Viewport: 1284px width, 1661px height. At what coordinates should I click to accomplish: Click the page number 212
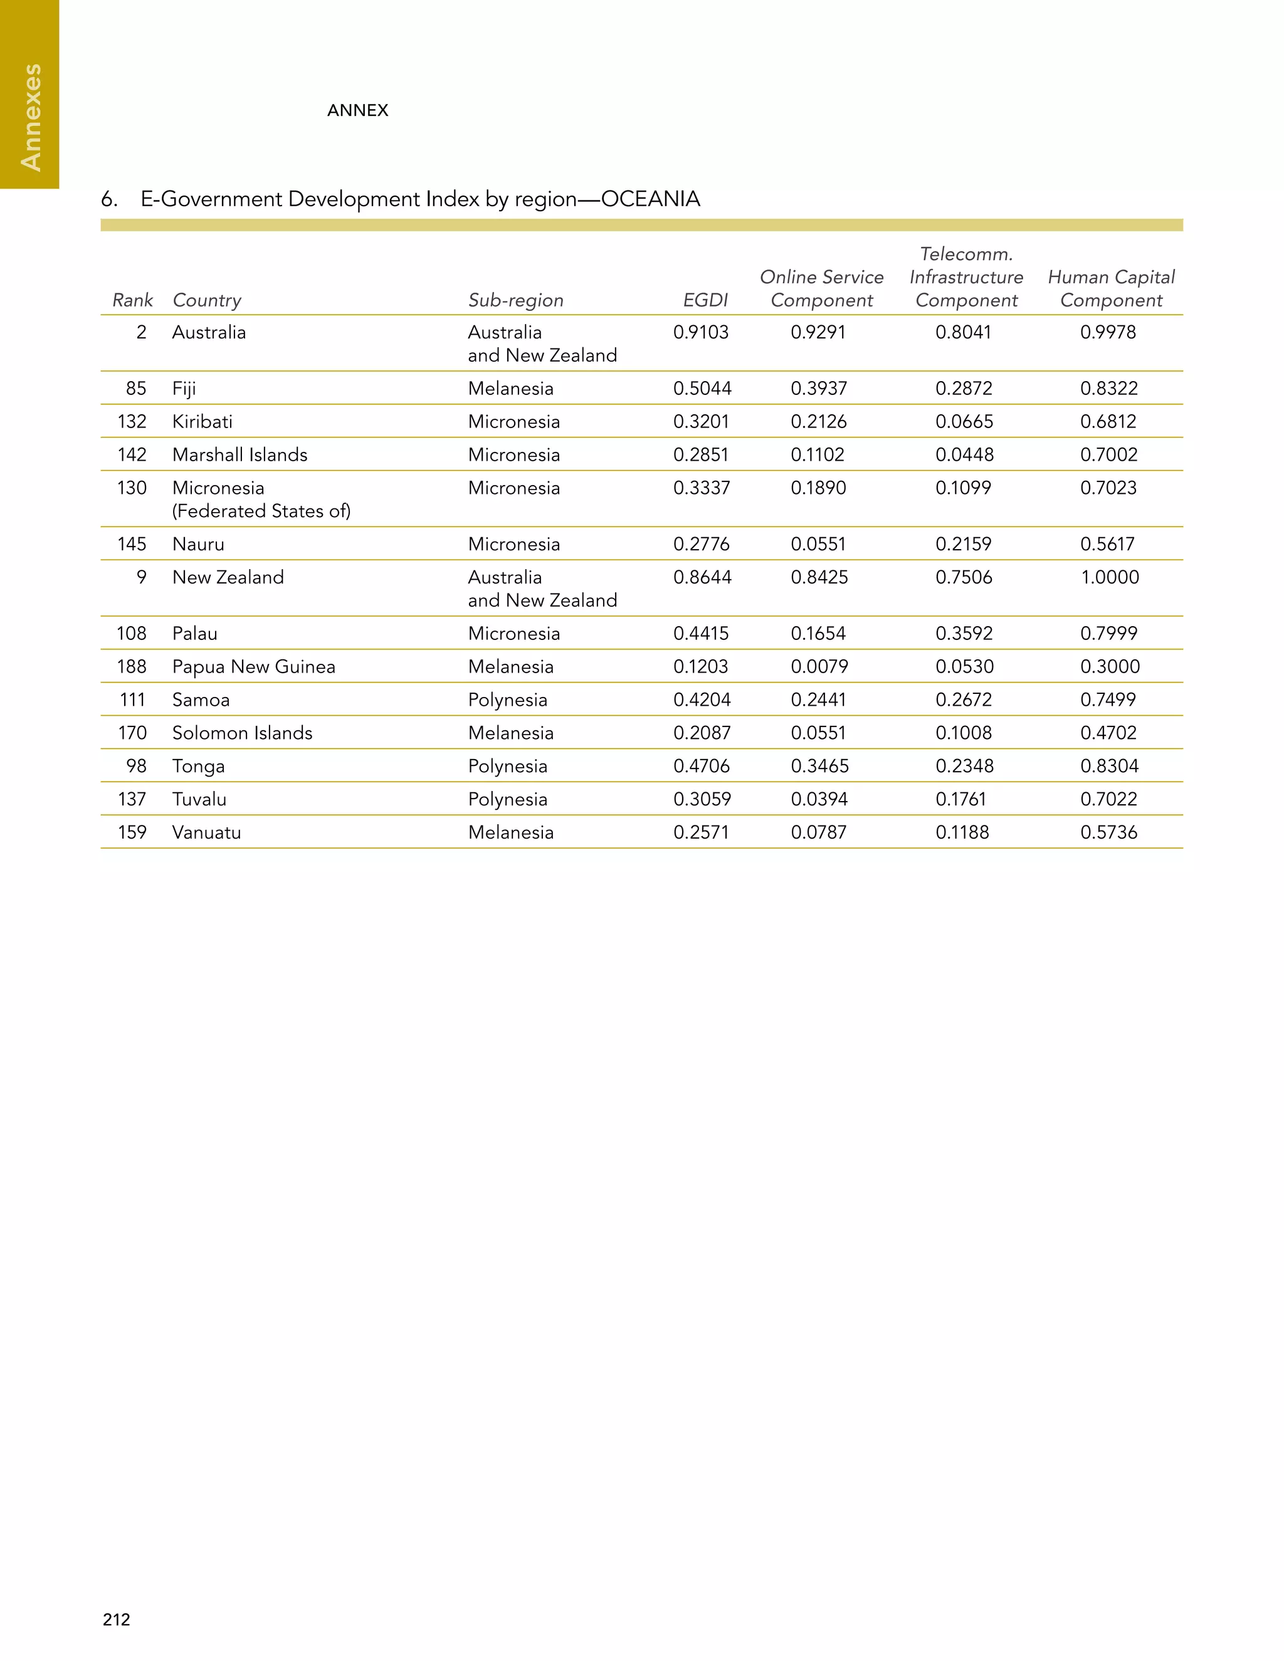[x=117, y=1619]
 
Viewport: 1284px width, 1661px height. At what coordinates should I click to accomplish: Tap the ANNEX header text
[x=357, y=110]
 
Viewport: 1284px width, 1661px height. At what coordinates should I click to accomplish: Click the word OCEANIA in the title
[x=650, y=199]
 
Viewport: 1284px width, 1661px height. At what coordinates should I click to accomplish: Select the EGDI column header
[x=705, y=300]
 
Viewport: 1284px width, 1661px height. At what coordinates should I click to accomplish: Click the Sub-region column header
[x=516, y=300]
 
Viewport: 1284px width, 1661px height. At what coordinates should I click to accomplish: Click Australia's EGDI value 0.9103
[x=700, y=332]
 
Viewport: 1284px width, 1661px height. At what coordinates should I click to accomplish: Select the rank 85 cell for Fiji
[x=136, y=389]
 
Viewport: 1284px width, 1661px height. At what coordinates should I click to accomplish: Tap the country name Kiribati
[x=203, y=421]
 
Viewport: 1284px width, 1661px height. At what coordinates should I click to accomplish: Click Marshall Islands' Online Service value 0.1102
[x=818, y=455]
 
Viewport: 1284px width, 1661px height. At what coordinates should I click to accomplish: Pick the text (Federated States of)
[x=261, y=511]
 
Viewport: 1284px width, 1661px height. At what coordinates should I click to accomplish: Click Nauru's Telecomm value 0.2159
[x=963, y=544]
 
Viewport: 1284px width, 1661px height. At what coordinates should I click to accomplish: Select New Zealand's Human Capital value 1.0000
[x=1109, y=577]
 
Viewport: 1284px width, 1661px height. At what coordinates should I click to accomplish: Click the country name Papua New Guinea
[x=253, y=667]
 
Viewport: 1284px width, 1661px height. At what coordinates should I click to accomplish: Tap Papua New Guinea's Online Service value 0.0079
[x=818, y=667]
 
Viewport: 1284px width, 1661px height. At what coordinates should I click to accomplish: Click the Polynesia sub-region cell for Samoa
[x=507, y=700]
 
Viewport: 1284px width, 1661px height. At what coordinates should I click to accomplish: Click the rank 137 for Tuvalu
[x=132, y=799]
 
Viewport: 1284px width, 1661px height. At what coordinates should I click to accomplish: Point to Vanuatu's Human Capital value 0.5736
[x=1108, y=832]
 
